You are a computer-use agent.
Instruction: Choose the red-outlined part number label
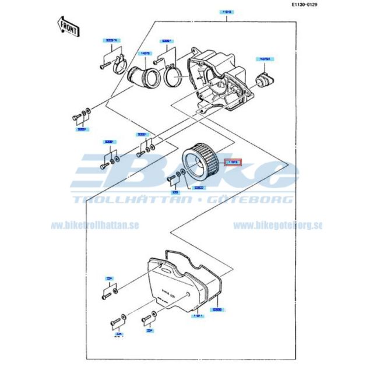233,161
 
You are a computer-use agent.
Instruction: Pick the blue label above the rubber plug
266,59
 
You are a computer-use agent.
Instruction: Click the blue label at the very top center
227,11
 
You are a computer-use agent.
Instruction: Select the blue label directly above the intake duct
145,53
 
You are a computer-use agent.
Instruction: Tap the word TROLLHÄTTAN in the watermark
132,200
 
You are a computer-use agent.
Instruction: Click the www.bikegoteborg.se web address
277,225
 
